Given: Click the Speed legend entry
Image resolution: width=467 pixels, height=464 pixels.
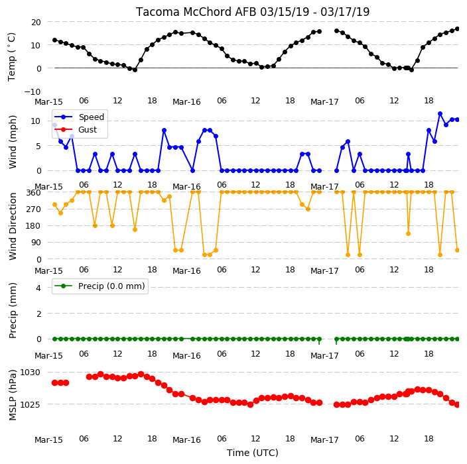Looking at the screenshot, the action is pyautogui.click(x=79, y=117).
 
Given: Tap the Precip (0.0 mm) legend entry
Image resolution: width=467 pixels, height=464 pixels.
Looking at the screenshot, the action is pyautogui.click(x=100, y=286).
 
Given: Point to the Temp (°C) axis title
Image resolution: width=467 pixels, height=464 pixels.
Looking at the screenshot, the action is pyautogui.click(x=12, y=57).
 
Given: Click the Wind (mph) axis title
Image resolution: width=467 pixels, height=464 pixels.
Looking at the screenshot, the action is pyautogui.click(x=13, y=143).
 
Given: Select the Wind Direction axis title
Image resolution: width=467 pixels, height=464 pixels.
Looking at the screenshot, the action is pyautogui.click(x=13, y=227).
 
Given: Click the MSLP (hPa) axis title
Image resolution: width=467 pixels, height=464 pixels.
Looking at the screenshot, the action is pyautogui.click(x=13, y=395).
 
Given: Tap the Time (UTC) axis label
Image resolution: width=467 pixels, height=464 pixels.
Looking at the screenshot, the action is pyautogui.click(x=253, y=453).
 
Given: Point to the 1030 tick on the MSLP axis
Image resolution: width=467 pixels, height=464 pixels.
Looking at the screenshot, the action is pyautogui.click(x=30, y=373).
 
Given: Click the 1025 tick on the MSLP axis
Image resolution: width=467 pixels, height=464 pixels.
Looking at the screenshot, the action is pyautogui.click(x=30, y=405).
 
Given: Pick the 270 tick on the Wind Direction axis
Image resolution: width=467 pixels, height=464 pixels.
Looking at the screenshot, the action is pyautogui.click(x=33, y=209).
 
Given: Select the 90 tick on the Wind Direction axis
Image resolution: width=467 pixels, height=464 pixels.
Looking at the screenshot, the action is pyautogui.click(x=36, y=243).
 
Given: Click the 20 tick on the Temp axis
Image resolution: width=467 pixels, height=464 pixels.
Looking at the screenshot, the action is pyautogui.click(x=36, y=23).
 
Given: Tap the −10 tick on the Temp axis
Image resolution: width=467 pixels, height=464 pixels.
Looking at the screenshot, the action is pyautogui.click(x=33, y=91).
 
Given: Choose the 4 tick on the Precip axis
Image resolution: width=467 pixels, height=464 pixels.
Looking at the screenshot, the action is pyautogui.click(x=38, y=288).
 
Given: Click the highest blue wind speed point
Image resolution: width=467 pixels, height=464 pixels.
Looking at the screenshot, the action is pyautogui.click(x=440, y=114).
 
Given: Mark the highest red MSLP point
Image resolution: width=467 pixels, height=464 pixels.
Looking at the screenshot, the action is pyautogui.click(x=141, y=374).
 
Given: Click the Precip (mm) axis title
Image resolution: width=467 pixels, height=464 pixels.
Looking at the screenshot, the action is pyautogui.click(x=13, y=311).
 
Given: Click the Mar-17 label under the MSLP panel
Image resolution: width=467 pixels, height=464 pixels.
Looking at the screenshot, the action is pyautogui.click(x=324, y=440).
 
